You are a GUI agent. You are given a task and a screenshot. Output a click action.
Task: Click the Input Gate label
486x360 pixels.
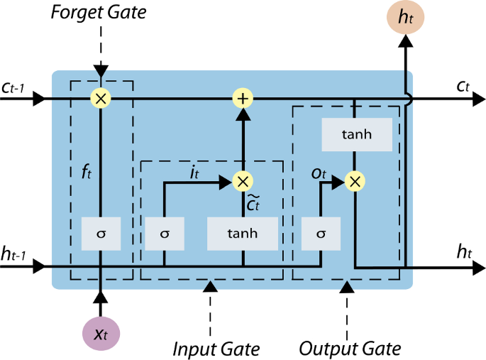coord(216,349)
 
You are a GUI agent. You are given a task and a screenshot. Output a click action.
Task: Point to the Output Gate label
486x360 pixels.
coord(350,349)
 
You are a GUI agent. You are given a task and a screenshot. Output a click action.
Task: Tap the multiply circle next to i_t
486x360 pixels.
coord(243,181)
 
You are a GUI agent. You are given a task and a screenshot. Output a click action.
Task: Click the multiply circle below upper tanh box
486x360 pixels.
coord(354,181)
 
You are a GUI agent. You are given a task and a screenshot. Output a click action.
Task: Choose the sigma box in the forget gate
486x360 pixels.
coord(100,233)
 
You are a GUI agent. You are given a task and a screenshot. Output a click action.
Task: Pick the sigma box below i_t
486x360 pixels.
coord(165,233)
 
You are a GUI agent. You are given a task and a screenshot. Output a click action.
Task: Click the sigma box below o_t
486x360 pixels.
coord(321,233)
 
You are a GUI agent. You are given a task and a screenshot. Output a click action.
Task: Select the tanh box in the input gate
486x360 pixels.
coord(243,233)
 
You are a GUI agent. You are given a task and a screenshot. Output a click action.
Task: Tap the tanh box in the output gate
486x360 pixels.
coord(356,134)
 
